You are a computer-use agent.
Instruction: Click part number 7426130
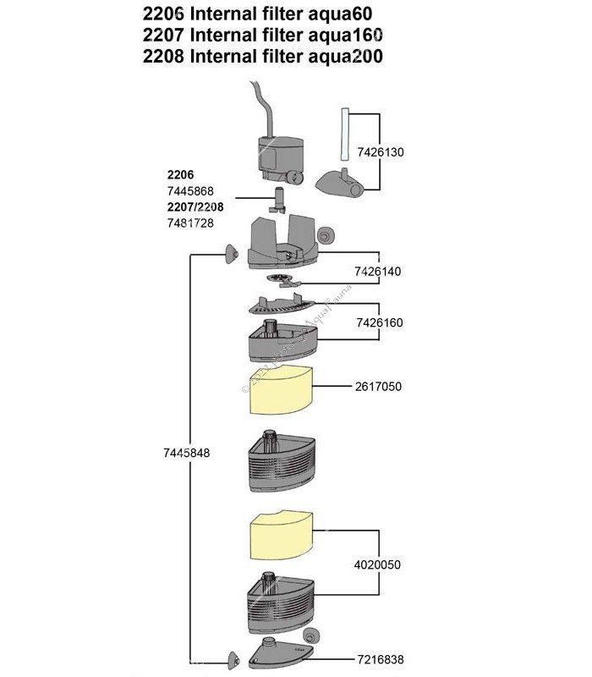click(x=405, y=152)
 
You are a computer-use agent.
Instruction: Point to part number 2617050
click(x=378, y=387)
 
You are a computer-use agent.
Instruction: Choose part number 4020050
click(x=378, y=563)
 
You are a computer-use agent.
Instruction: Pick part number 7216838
click(x=378, y=658)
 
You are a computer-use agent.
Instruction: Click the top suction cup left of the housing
click(x=228, y=253)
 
